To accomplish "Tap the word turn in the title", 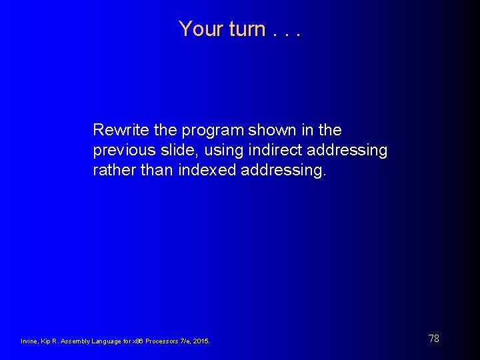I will coord(247,29).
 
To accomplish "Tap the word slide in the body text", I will coord(177,150).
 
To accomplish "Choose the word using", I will coord(219,151).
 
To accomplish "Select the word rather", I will coord(113,171).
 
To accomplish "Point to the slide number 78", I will coord(434,339).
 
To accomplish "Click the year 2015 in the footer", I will coord(201,341).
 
